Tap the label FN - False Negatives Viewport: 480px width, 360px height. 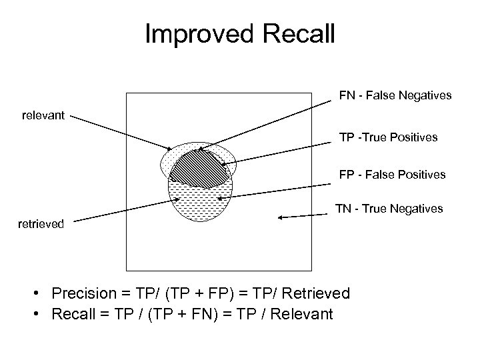pyautogui.click(x=395, y=96)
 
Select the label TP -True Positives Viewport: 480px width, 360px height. pyautogui.click(x=388, y=137)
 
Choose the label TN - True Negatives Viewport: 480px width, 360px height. pyautogui.click(x=389, y=209)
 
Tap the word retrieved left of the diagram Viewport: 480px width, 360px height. pyautogui.click(x=42, y=224)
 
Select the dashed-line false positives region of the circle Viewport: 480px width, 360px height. pyautogui.click(x=200, y=200)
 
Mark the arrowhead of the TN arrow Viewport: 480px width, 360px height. pyautogui.click(x=280, y=217)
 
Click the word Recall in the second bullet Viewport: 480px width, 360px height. pyautogui.click(x=71, y=313)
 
